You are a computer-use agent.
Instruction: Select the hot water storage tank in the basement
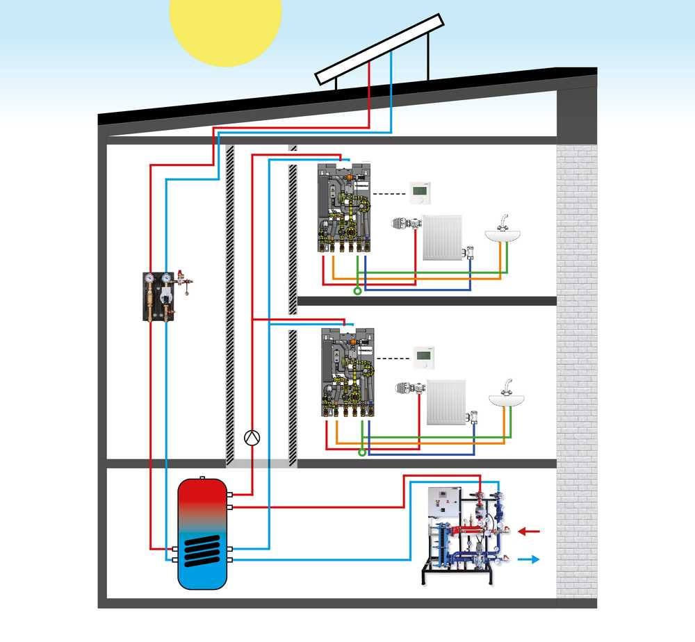202,532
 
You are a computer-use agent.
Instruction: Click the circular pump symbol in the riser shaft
252,437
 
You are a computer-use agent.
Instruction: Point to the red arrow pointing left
530,532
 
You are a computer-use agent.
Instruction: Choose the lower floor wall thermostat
423,356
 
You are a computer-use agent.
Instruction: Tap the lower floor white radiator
446,402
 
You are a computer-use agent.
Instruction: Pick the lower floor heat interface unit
347,372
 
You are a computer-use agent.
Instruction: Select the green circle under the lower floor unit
361,452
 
